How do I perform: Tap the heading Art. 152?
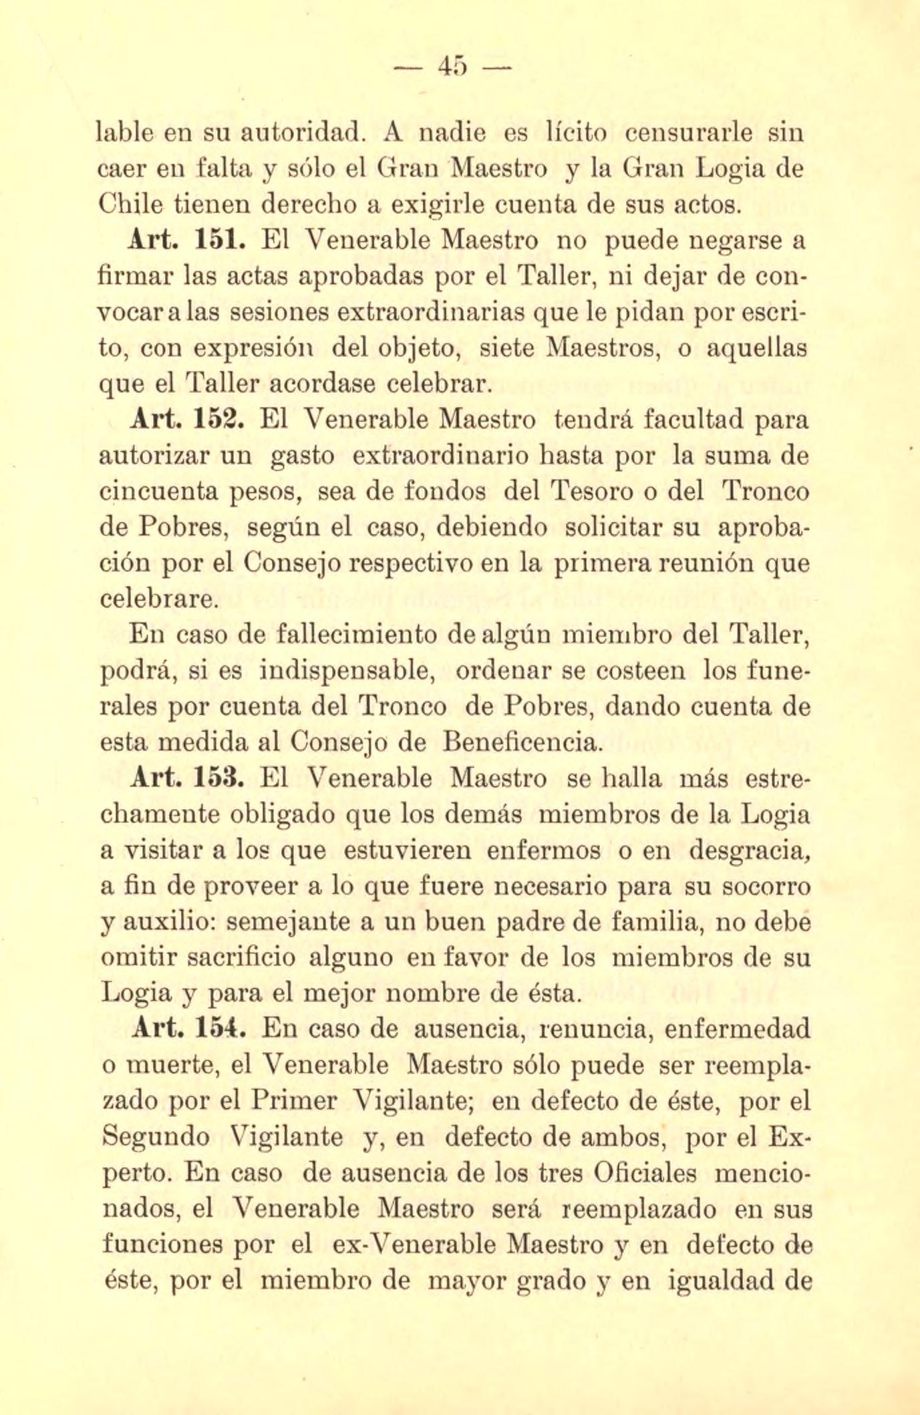point(189,420)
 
